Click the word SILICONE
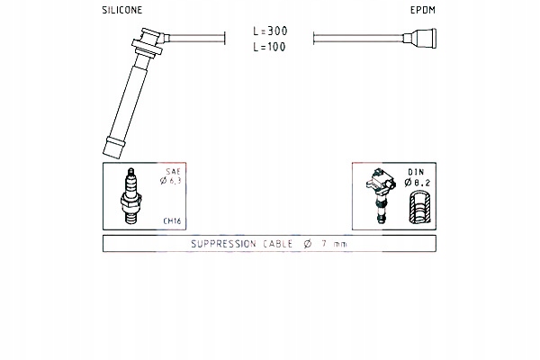point(122,10)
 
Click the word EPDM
point(423,10)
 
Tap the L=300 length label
point(270,31)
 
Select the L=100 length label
point(269,47)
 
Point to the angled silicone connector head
point(148,43)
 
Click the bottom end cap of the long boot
point(113,148)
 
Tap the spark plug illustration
point(130,195)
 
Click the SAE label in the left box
point(173,171)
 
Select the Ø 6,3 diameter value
point(170,181)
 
